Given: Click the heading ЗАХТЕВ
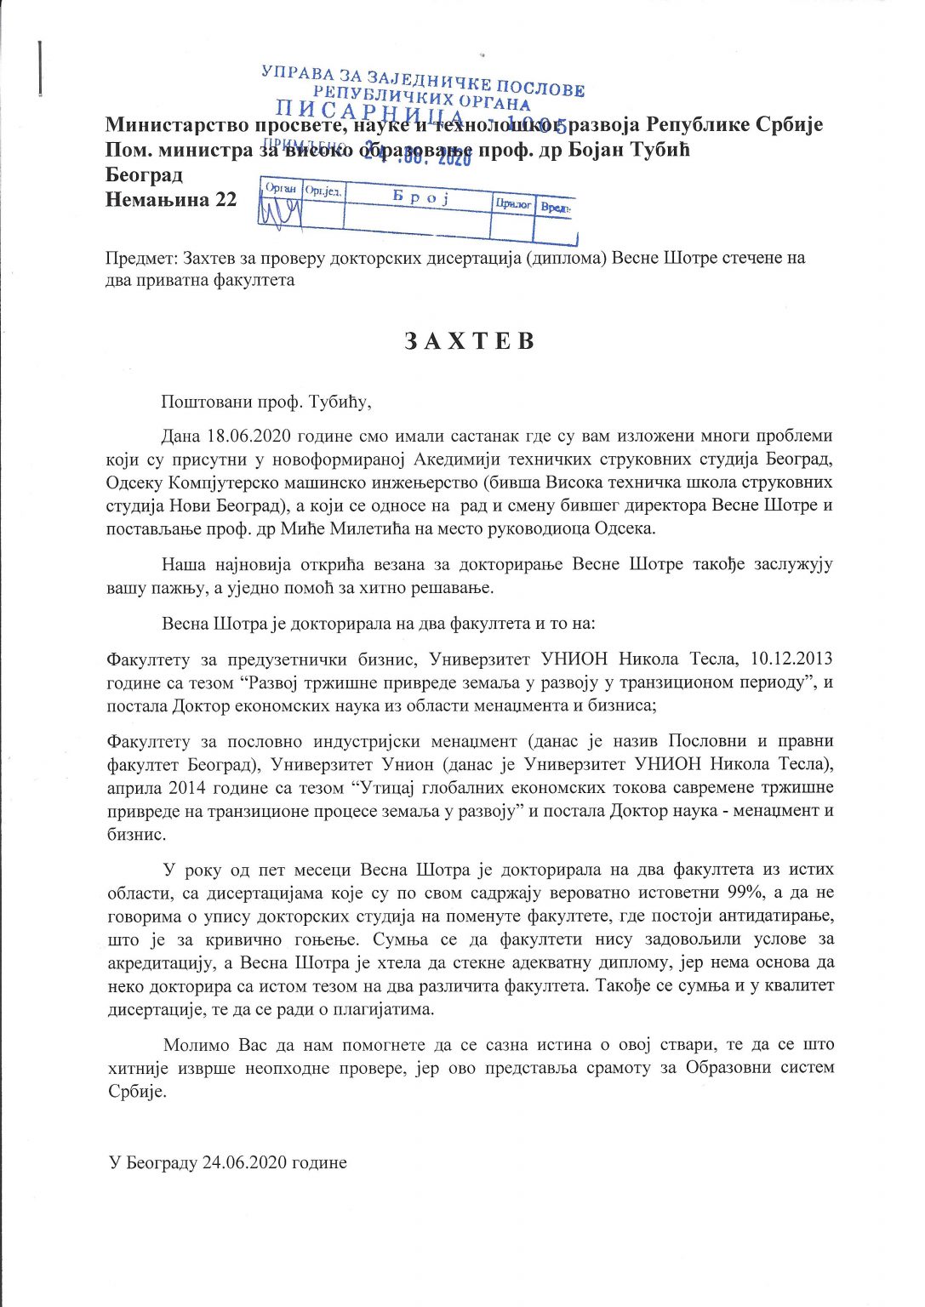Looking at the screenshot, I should pyautogui.click(x=469, y=341).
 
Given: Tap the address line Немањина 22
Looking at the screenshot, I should pyautogui.click(x=171, y=200).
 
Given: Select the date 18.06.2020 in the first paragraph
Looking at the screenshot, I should pyautogui.click(x=249, y=437).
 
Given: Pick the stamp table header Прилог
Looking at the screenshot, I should pyautogui.click(x=513, y=204).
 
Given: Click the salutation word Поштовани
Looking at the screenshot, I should pyautogui.click(x=203, y=400).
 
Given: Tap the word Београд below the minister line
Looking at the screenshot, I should pyautogui.click(x=144, y=176).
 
